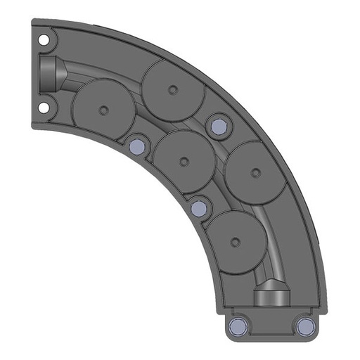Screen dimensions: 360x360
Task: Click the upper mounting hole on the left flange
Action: tap(44, 40)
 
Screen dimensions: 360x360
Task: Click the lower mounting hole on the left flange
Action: tap(44, 108)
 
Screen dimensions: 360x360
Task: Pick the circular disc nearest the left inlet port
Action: tap(103, 109)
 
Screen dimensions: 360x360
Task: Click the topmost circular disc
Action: tap(173, 89)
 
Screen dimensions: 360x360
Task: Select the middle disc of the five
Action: tap(184, 161)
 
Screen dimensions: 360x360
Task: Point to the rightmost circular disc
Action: tap(256, 172)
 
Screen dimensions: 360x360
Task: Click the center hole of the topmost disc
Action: tap(173, 89)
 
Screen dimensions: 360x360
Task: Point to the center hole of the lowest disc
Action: tap(236, 243)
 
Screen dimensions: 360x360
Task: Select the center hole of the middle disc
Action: tap(184, 162)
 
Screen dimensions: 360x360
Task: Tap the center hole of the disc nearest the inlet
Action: tap(103, 109)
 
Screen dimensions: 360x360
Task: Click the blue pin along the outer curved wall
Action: tap(218, 126)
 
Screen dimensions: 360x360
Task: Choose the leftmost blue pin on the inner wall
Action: tap(136, 146)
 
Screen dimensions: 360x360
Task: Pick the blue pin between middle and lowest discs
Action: tap(200, 208)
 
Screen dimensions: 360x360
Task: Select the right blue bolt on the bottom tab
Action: tap(304, 326)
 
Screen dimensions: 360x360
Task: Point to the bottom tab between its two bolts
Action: tap(271, 326)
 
